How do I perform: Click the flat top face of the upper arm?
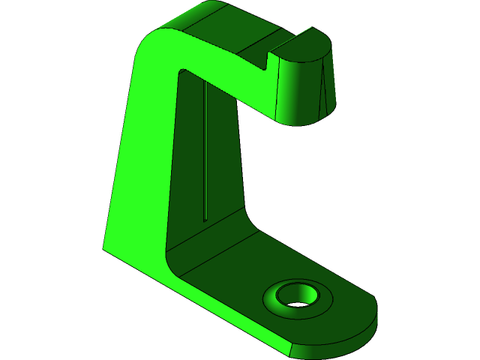point(232,30)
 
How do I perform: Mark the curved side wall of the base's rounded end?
point(337,341)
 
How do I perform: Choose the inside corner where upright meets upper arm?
point(181,72)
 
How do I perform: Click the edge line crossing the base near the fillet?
point(217,247)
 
